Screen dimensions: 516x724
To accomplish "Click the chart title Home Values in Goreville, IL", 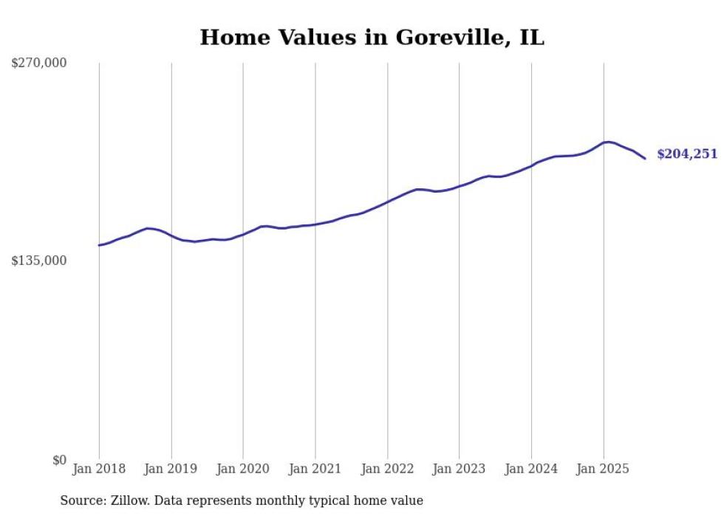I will point(372,37).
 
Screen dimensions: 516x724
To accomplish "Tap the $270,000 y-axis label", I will point(39,63).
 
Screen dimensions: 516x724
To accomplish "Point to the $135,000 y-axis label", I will point(39,261).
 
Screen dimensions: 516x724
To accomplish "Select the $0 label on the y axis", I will point(59,460).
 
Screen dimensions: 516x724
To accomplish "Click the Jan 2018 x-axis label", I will point(99,469).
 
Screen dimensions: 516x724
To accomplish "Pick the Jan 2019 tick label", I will point(171,469).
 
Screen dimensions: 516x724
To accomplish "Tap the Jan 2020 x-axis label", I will point(243,469).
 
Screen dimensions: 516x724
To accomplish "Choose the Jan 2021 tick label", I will point(315,469).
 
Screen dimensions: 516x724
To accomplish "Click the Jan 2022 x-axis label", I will point(387,469).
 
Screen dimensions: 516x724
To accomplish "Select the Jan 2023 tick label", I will point(459,469).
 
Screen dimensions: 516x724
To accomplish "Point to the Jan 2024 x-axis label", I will point(531,469).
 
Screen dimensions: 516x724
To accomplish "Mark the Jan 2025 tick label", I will point(603,469).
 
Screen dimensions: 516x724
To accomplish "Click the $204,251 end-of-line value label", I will point(687,154).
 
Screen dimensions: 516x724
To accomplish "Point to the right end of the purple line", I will point(645,158).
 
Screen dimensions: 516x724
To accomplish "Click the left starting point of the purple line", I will point(99,245).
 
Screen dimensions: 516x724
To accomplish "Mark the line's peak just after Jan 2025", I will point(607,142).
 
